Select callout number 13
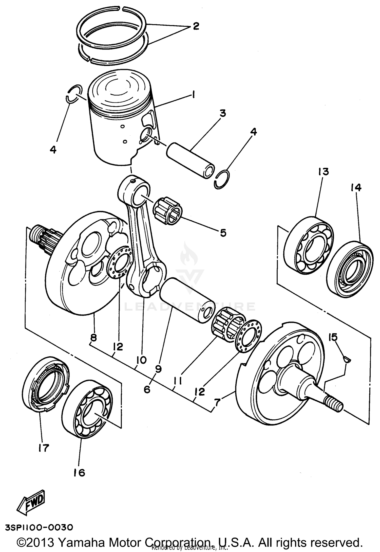coord(324,172)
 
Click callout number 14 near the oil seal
coord(356,188)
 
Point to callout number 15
coord(333,337)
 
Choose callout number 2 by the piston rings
coord(196,26)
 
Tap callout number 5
coord(223,233)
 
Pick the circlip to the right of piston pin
coord(222,179)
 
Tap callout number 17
coord(43,448)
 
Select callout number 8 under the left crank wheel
coord(93,337)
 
